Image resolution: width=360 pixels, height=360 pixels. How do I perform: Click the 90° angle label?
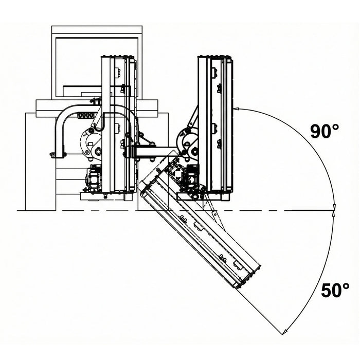pos(325,131)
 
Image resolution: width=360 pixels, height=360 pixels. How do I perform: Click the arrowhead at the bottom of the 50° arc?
pos(285,331)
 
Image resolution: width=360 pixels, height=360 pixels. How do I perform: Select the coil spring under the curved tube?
pos(86,115)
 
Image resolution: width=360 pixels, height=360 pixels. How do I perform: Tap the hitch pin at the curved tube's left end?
pos(52,155)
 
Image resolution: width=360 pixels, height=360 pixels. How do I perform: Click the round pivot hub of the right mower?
pos(187,142)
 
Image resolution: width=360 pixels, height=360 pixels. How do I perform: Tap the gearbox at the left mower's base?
pos(93,178)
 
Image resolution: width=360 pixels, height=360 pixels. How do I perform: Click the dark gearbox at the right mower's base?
pos(191,176)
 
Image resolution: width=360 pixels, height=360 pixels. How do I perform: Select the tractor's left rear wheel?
pos(41,161)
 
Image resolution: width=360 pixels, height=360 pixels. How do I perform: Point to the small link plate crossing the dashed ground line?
pos(214,214)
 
